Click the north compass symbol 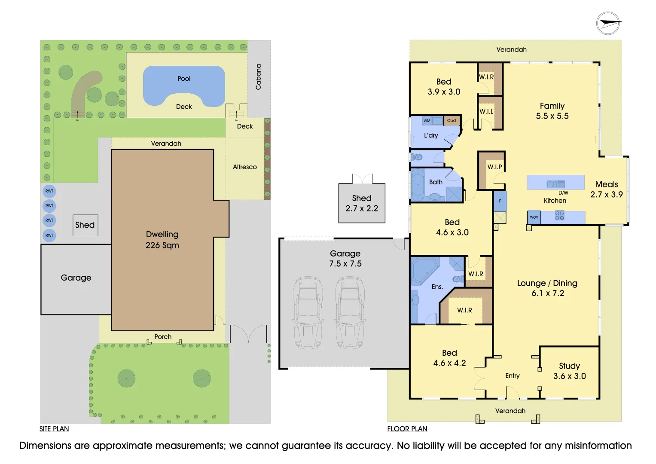(608, 23)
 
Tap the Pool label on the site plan (184, 79)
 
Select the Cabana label (258, 77)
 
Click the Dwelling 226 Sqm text (162, 240)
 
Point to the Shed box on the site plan (85, 225)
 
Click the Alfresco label (244, 167)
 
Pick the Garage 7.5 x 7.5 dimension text (345, 259)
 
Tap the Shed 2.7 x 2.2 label (362, 203)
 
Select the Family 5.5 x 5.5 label (552, 111)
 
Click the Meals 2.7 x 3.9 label (606, 189)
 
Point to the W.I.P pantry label (494, 167)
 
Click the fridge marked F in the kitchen (500, 201)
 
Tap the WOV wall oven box (534, 217)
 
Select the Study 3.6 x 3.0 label (569, 371)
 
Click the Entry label (512, 376)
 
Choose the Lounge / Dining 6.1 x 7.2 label (547, 288)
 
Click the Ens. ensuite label (437, 287)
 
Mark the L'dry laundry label (430, 135)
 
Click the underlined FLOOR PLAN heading (407, 429)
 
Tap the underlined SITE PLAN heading (54, 429)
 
